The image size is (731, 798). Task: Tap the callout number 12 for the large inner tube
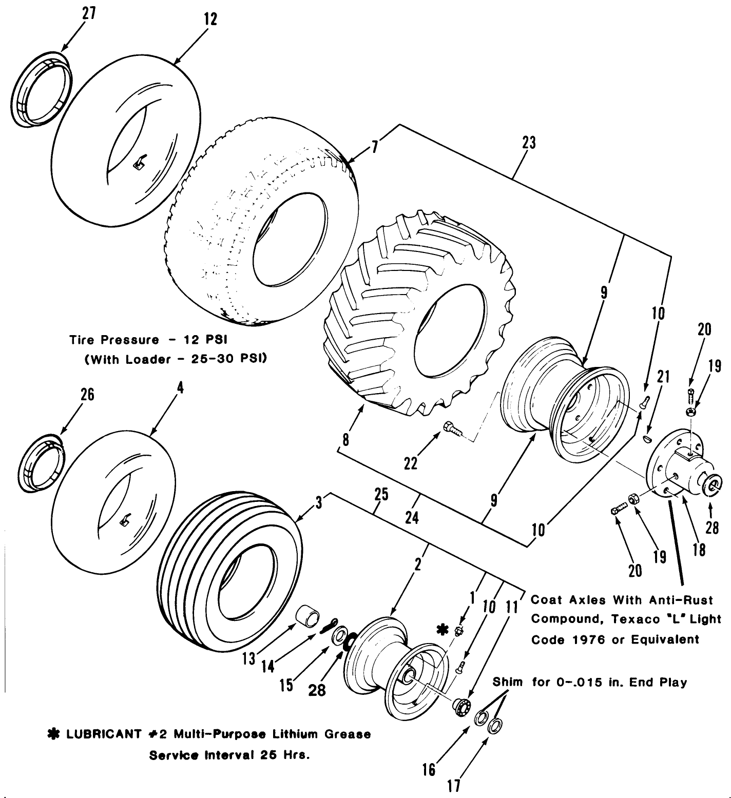(210, 20)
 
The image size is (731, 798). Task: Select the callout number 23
(529, 143)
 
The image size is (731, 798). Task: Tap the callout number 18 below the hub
(699, 549)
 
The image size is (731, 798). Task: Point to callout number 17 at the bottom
(453, 786)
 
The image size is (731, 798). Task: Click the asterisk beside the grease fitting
(440, 629)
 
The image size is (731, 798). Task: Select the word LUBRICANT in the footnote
(103, 734)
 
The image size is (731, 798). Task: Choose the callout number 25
(381, 495)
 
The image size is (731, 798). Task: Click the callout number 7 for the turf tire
(375, 147)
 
